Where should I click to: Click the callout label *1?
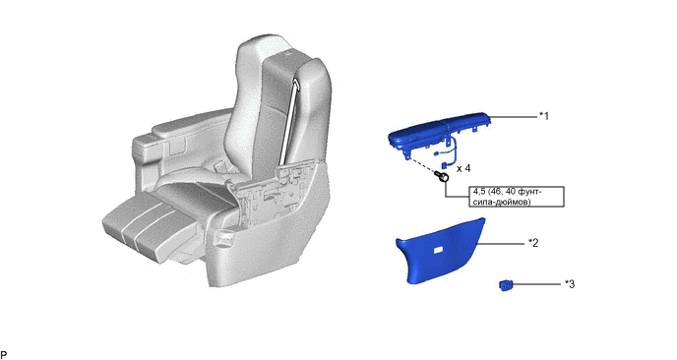click(543, 116)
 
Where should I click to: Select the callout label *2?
click(533, 243)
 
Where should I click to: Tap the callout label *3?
click(570, 284)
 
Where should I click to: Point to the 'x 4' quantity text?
click(463, 168)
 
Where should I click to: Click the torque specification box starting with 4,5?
click(517, 197)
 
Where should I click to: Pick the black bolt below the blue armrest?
click(442, 176)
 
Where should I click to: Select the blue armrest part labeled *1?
click(440, 130)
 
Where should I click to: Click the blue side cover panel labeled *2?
click(441, 251)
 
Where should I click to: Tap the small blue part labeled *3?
click(506, 285)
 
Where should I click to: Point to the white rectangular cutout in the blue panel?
click(440, 250)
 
